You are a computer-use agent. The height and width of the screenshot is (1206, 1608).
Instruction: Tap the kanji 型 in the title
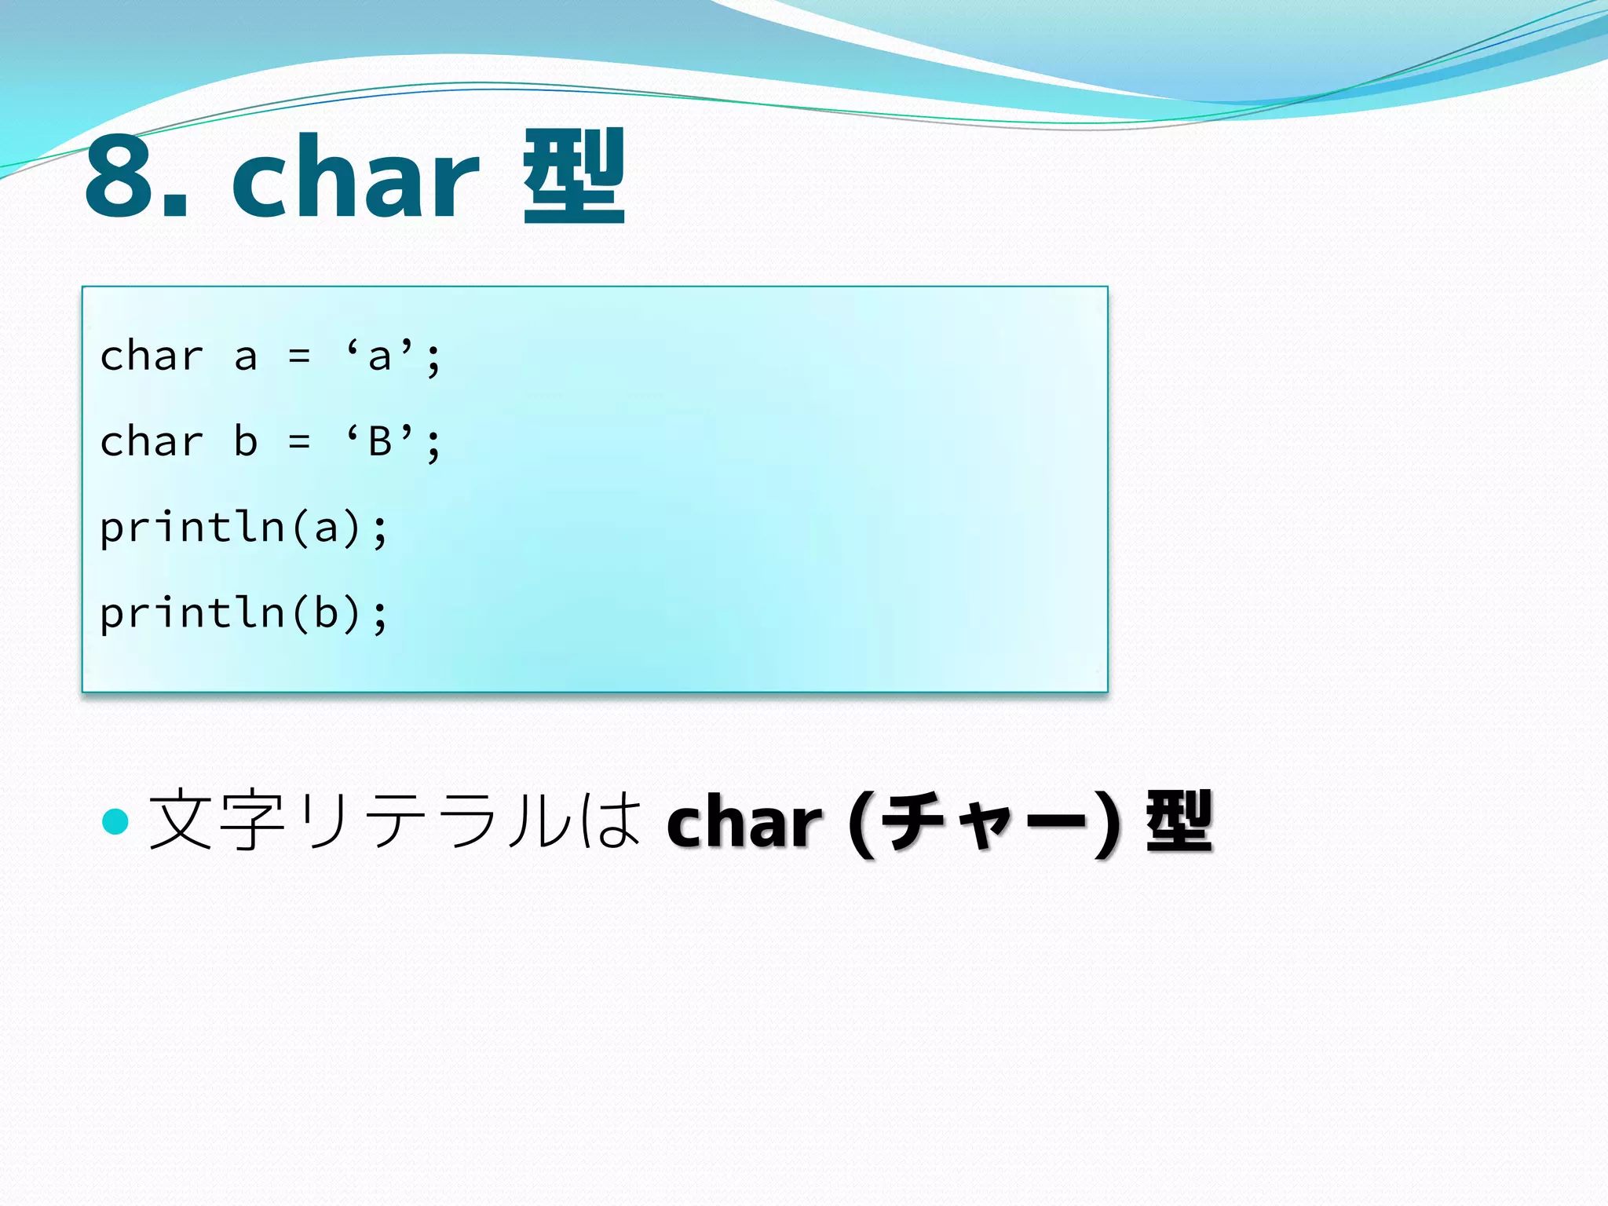pos(574,177)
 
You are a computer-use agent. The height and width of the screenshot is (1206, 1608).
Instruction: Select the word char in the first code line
pos(152,357)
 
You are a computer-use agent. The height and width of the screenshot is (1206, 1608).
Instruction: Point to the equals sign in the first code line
pos(299,357)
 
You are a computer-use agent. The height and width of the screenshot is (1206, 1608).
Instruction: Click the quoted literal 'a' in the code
pos(380,357)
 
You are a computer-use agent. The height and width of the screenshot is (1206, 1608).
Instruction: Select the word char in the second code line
pos(152,441)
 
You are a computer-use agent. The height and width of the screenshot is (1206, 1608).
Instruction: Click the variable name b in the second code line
pos(246,441)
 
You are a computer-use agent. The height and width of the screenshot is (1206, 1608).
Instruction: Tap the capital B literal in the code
pos(380,441)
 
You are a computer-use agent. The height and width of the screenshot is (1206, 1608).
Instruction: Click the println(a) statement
pos(243,528)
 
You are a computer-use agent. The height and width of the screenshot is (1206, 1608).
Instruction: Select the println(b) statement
pos(243,613)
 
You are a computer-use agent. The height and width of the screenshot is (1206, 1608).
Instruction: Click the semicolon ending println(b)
pos(381,616)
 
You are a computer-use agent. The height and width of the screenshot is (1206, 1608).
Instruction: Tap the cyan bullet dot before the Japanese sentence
pos(115,821)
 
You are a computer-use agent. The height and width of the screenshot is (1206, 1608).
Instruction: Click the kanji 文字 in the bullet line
pos(217,821)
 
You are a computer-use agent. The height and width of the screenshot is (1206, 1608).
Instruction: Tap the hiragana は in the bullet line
pos(609,821)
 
